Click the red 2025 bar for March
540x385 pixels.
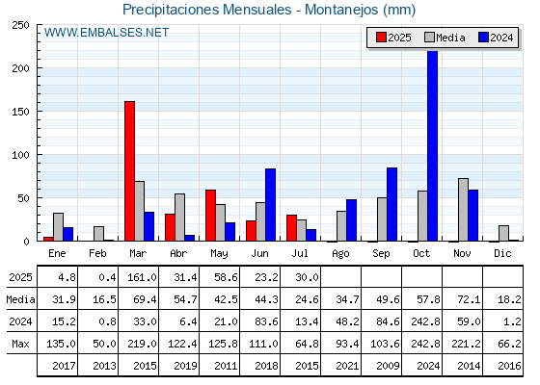click(130, 171)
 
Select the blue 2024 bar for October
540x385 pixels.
click(432, 145)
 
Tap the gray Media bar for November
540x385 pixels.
click(463, 210)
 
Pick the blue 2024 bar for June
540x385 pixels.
click(270, 205)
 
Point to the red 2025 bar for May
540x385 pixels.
click(211, 216)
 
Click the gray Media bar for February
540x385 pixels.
click(98, 234)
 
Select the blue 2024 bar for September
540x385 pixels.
click(391, 204)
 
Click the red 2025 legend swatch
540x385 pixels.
click(381, 38)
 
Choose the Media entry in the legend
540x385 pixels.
click(445, 38)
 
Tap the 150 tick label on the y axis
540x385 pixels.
click(20, 112)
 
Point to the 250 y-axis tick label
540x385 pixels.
click(20, 25)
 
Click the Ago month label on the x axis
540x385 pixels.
click(340, 254)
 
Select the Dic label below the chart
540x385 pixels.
click(502, 253)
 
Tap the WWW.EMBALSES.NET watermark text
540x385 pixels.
click(106, 33)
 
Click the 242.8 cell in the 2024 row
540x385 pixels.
click(425, 321)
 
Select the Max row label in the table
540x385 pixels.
click(20, 344)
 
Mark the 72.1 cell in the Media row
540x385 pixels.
click(469, 299)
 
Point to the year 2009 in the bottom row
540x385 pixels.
click(388, 366)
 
